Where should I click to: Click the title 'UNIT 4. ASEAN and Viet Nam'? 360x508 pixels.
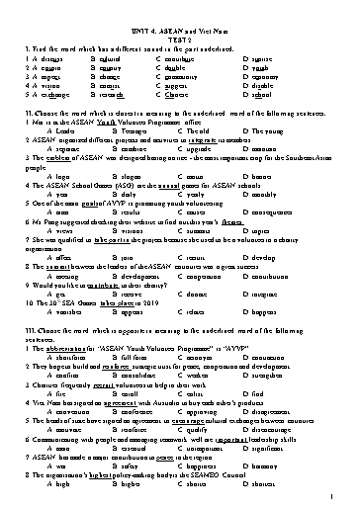pyautogui.click(x=179, y=11)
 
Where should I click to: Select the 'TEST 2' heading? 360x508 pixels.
pyautogui.click(x=179, y=20)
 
